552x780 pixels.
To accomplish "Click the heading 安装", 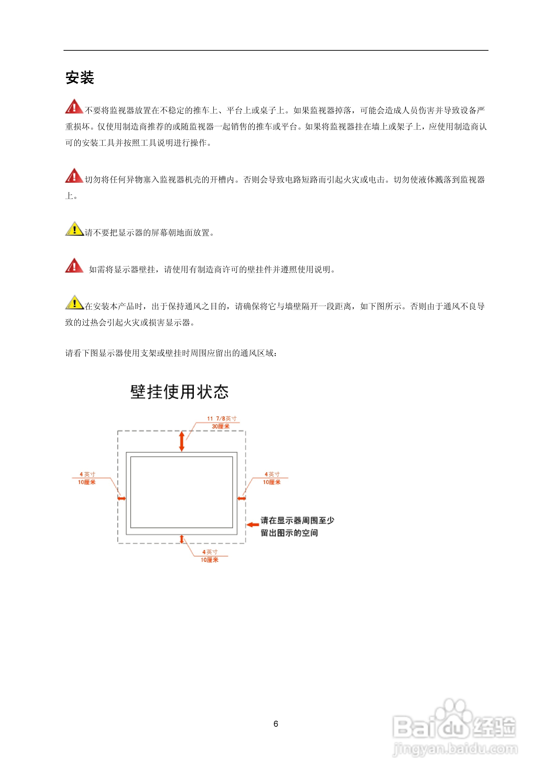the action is (x=80, y=77).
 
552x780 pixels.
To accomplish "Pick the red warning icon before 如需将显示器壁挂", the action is (x=74, y=266).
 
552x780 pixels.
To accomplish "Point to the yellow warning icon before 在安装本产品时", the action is (x=74, y=302).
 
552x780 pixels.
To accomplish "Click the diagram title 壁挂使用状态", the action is (x=179, y=392).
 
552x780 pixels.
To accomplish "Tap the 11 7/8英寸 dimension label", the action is (x=221, y=418).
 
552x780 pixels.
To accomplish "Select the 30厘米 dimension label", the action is (x=220, y=426).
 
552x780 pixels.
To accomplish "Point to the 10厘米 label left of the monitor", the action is (x=87, y=482).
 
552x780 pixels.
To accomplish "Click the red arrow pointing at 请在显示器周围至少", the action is (x=253, y=525).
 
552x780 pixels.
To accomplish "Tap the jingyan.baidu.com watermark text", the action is (x=455, y=749).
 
